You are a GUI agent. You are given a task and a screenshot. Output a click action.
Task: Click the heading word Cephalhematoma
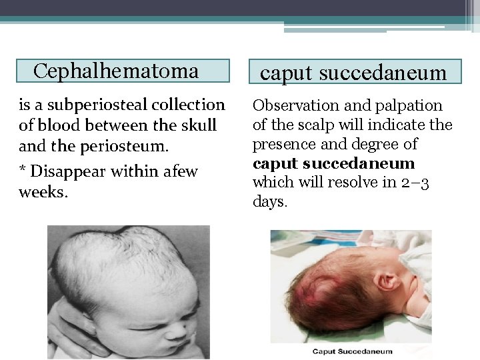pos(116,71)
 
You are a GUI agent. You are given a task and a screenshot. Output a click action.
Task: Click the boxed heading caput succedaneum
pos(353,73)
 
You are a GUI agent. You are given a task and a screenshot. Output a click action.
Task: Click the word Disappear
pos(69,171)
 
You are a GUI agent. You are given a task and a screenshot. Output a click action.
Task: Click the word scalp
pos(315,125)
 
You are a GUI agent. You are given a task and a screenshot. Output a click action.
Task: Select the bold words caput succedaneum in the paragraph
pos(333,163)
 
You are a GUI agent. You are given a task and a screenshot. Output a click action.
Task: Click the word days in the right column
pos(269,201)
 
